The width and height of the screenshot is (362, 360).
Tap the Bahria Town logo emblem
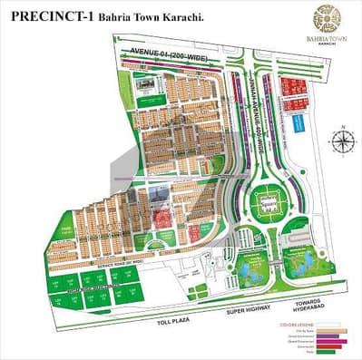point(326,17)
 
